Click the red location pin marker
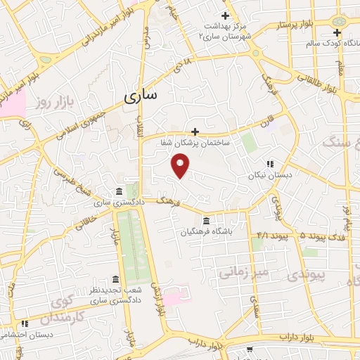[x=181, y=166]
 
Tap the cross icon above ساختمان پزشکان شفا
[x=195, y=131]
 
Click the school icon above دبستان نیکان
[x=270, y=165]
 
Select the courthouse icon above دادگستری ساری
[x=118, y=191]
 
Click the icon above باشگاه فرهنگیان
[x=206, y=220]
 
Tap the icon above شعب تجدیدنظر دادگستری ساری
[x=115, y=279]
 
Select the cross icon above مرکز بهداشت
[x=225, y=15]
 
